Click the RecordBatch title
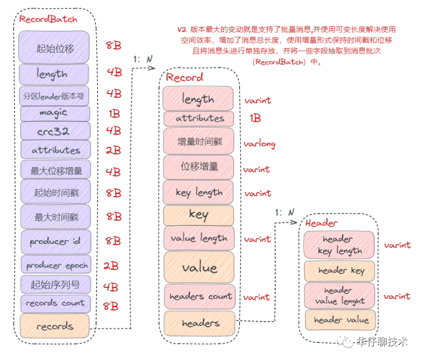tap(48, 19)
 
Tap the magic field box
tap(54, 113)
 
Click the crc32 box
tap(54, 131)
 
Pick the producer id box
tap(55, 241)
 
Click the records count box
tap(55, 303)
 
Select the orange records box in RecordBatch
tap(55, 326)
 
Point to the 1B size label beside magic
tap(114, 114)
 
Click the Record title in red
tap(184, 78)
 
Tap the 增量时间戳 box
tap(199, 141)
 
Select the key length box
tap(199, 192)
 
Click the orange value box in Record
tap(199, 267)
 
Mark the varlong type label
tap(260, 144)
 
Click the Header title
tap(321, 223)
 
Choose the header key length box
tap(339, 245)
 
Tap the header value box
tap(340, 320)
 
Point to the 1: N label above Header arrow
tap(285, 213)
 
